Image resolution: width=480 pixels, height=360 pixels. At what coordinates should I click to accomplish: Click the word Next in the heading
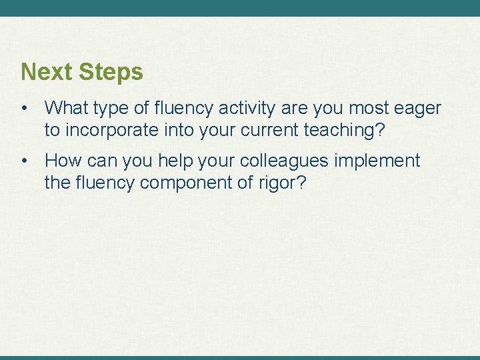(x=47, y=72)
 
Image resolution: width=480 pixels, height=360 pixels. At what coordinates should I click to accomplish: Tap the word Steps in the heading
(x=111, y=72)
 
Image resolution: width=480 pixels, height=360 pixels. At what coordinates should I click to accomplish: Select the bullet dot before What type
(x=24, y=108)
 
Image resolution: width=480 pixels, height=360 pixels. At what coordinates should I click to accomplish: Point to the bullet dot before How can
(x=24, y=161)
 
